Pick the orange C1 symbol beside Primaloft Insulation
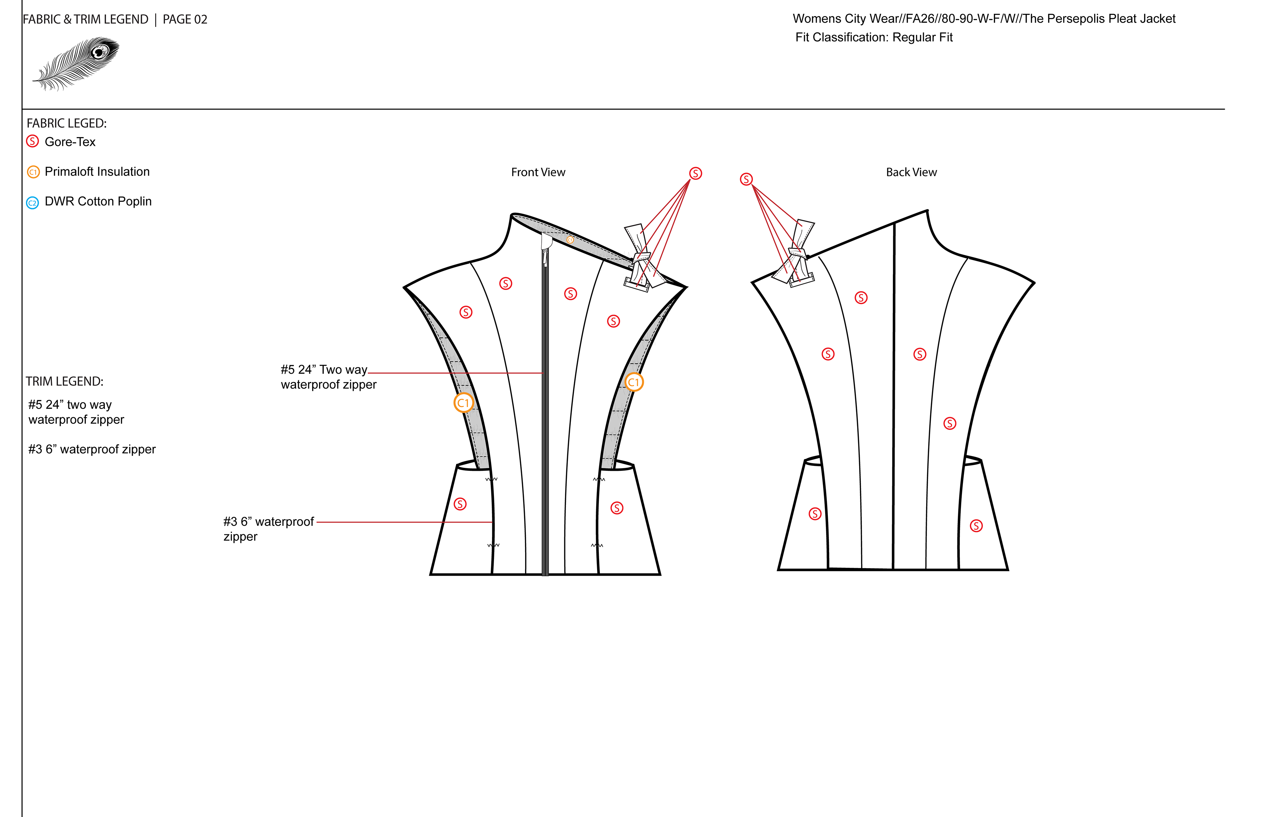(33, 172)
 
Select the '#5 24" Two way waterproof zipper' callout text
(328, 377)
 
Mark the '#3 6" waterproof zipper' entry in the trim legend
(92, 449)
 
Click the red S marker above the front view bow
(695, 174)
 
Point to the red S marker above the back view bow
(746, 179)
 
